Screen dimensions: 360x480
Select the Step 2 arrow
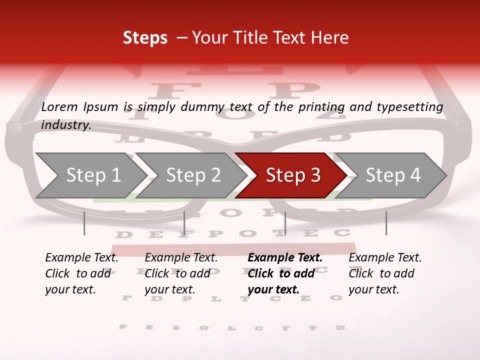[x=192, y=175]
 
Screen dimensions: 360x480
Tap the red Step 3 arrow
[x=292, y=175]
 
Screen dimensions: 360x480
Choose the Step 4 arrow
[x=392, y=175]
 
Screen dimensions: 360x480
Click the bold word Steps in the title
[x=145, y=37]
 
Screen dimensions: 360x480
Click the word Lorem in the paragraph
[x=59, y=107]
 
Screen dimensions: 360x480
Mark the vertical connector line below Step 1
[x=84, y=223]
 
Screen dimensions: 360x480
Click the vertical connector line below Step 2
[x=184, y=223]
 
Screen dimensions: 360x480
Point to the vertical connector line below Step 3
[x=285, y=223]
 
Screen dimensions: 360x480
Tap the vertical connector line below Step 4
[x=386, y=223]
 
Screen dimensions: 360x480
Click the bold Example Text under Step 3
[x=285, y=258]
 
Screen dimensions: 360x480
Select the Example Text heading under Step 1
[x=81, y=258]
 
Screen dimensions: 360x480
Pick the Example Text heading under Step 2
[x=181, y=258]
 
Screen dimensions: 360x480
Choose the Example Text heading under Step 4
[x=385, y=258]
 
